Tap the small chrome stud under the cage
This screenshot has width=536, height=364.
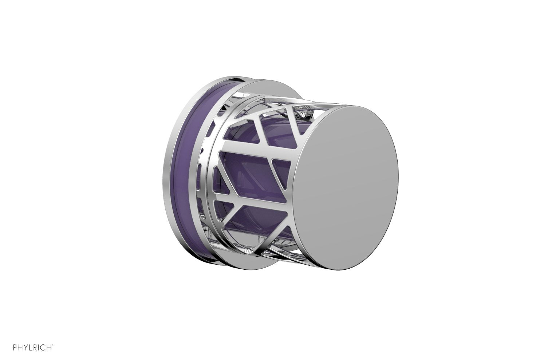click(247, 251)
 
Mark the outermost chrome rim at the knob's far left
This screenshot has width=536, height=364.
click(166, 175)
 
